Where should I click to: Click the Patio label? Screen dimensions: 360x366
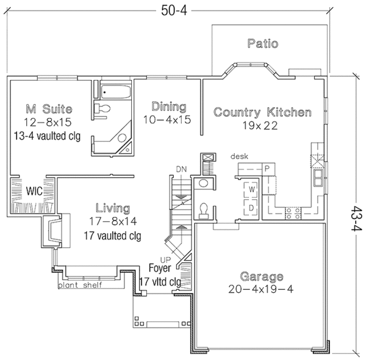(263, 44)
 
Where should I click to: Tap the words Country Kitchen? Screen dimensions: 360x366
(263, 112)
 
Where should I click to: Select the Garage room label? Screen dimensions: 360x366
(261, 275)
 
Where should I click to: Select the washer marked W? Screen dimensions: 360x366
(251, 189)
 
